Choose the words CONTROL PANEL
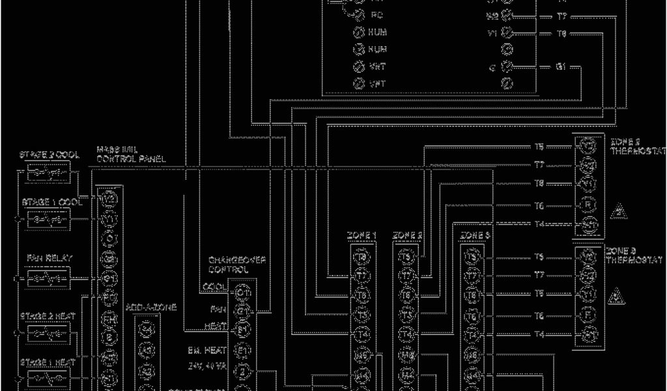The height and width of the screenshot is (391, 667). (131, 159)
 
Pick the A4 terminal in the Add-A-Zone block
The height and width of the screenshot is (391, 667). (149, 330)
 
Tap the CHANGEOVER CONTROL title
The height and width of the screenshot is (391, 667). (228, 265)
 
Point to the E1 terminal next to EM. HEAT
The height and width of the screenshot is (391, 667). (243, 351)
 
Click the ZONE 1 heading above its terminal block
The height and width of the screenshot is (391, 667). (363, 235)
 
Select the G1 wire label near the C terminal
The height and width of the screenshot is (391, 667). (561, 66)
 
